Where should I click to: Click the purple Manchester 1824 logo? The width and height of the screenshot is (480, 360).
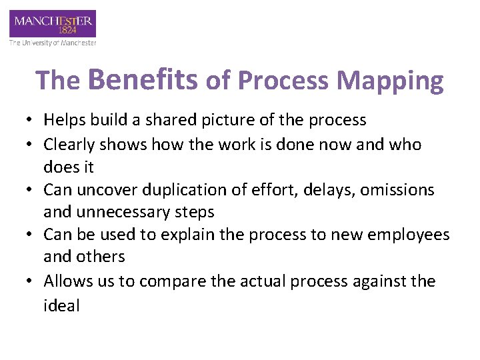[x=53, y=24]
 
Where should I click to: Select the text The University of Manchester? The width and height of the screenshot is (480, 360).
[x=53, y=43]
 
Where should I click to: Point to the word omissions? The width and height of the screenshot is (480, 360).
[x=398, y=190]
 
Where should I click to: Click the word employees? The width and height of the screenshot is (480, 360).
[x=409, y=235]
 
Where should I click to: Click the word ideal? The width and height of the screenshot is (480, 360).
[x=61, y=305]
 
